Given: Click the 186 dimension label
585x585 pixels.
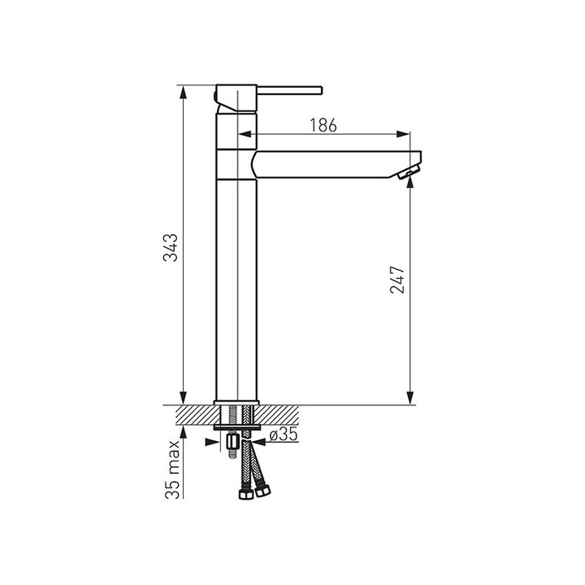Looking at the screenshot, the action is point(323,125).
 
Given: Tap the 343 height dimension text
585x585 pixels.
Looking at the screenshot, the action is point(171,248).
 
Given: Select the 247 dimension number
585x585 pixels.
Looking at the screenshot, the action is point(397,279).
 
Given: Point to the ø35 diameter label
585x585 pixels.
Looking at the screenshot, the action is point(284,435).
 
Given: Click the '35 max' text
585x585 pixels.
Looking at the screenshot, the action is point(172,470).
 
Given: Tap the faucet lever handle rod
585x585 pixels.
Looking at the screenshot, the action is point(289,90).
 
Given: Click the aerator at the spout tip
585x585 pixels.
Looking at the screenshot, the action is point(409,173).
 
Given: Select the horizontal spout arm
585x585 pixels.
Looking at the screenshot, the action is point(336,164).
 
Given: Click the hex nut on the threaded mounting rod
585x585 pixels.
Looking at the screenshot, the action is point(232,442).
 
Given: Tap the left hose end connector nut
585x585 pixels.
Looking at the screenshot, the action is point(246,494).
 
